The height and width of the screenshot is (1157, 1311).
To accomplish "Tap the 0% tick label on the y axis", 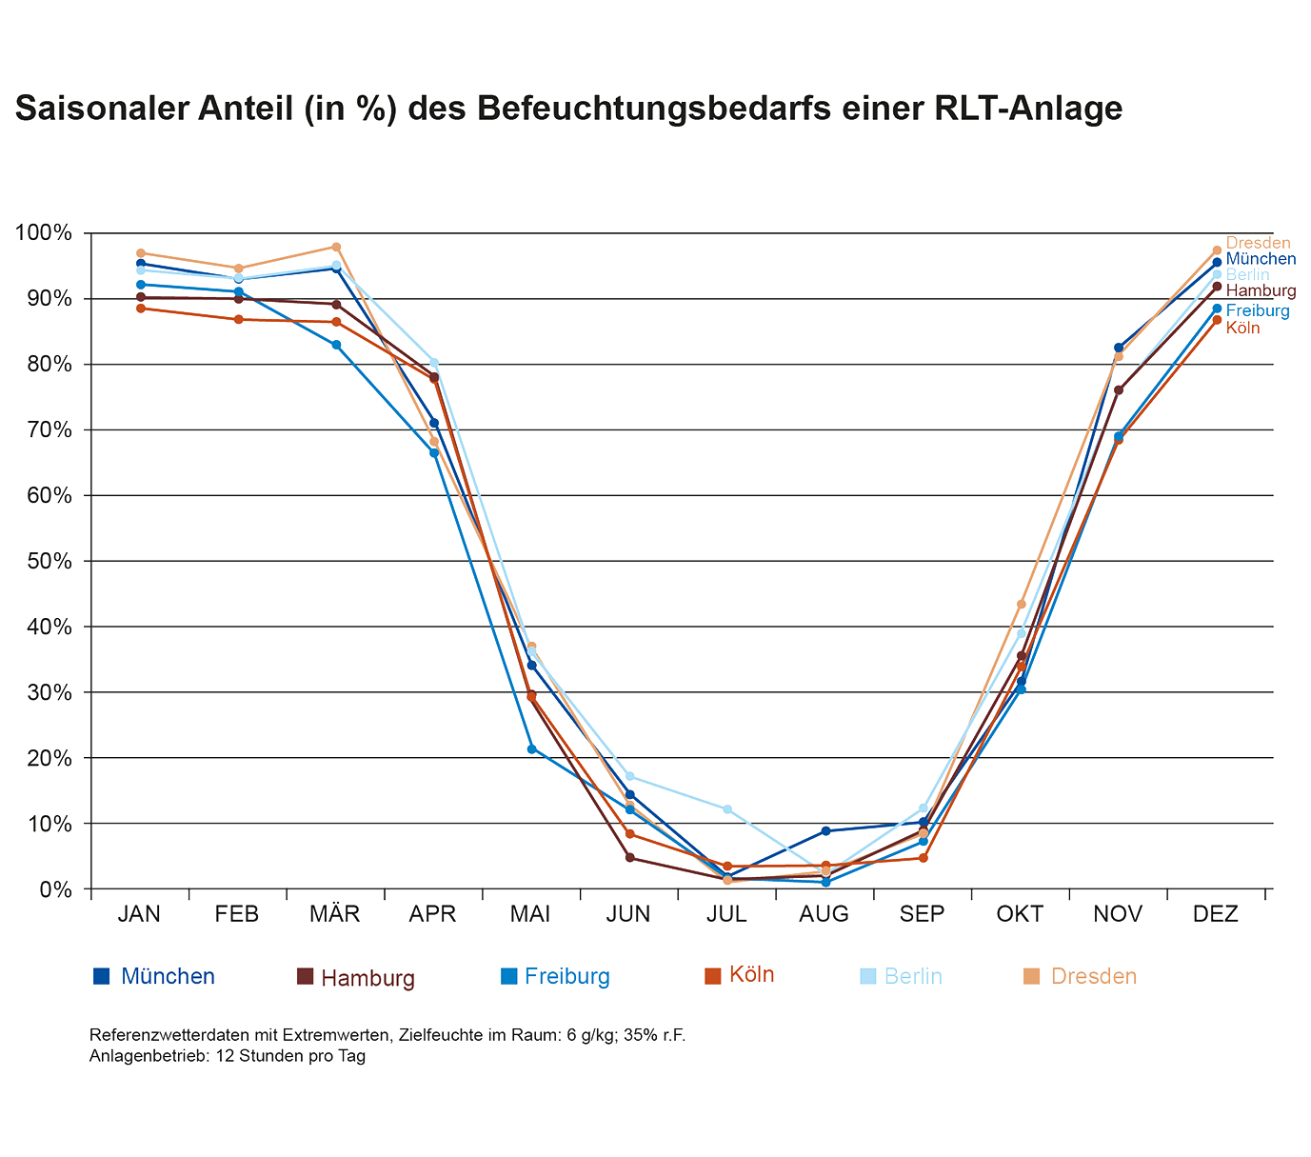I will pyautogui.click(x=54, y=889).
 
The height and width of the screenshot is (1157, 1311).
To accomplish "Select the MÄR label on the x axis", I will pyautogui.click(x=335, y=915).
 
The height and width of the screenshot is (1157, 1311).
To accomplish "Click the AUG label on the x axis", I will pyautogui.click(x=824, y=915).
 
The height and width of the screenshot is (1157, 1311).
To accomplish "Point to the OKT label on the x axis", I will pyautogui.click(x=1021, y=915).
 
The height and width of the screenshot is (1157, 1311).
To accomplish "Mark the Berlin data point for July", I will pyautogui.click(x=727, y=809).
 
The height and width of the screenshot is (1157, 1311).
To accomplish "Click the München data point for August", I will pyautogui.click(x=825, y=831).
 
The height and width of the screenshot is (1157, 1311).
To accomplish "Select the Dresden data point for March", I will pyautogui.click(x=336, y=247).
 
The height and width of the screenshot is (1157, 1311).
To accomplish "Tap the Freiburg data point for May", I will pyautogui.click(x=532, y=748).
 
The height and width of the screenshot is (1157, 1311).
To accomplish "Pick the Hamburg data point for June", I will pyautogui.click(x=629, y=857).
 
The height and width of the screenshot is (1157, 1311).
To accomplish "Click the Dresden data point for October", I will pyautogui.click(x=1022, y=604).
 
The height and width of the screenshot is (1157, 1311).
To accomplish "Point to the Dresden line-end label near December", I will pyautogui.click(x=1258, y=243).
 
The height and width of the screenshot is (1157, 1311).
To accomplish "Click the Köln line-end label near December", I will pyautogui.click(x=1242, y=329).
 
